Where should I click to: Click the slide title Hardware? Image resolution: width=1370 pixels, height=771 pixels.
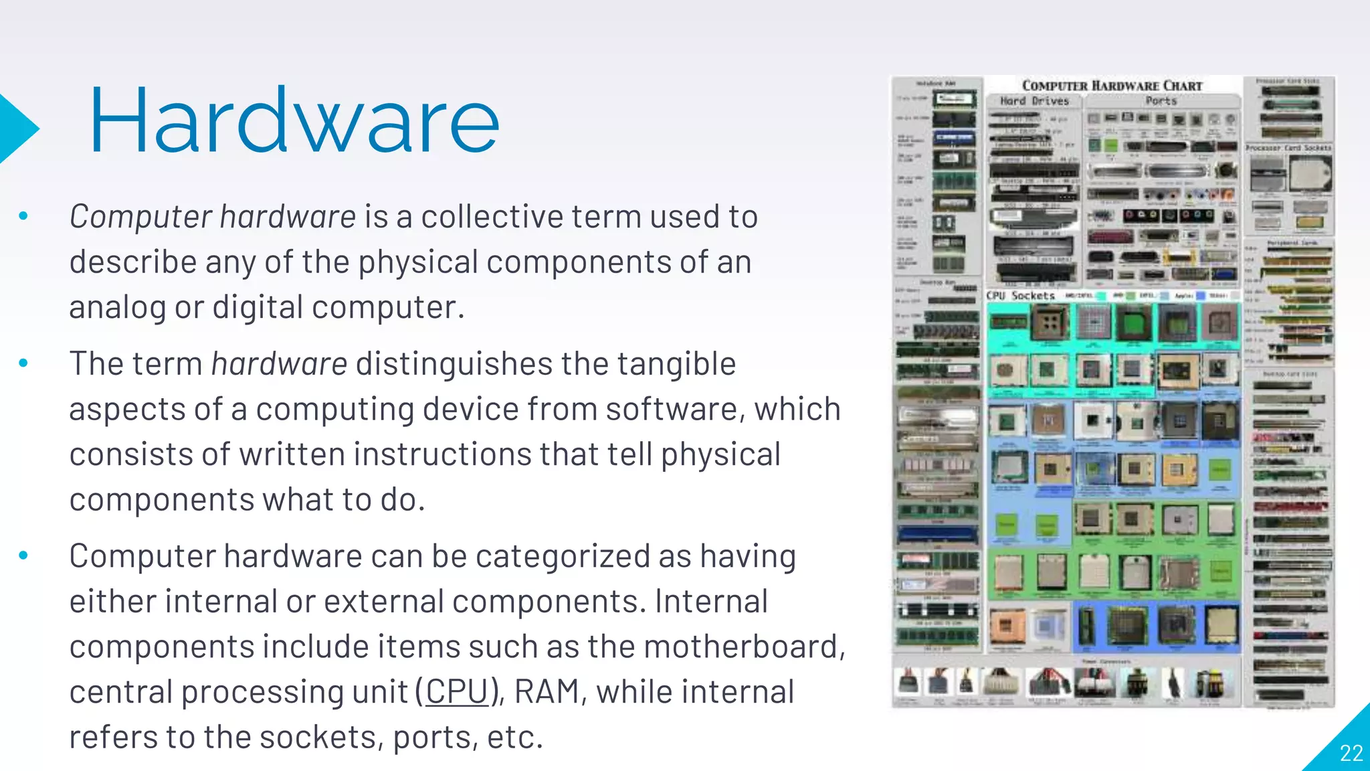point(294,121)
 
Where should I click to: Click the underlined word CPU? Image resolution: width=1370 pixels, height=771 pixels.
point(457,691)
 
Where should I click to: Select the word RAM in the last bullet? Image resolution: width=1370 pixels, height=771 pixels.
point(547,691)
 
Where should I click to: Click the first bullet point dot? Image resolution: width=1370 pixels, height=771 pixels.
point(24,216)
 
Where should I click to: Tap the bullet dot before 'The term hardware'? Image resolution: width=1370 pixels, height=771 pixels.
point(24,363)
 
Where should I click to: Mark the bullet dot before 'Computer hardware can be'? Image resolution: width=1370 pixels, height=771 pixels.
point(24,555)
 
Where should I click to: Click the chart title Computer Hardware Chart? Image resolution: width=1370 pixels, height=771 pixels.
point(1112,86)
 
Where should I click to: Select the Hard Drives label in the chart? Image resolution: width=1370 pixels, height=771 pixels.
point(1034,101)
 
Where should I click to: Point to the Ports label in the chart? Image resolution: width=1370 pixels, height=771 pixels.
point(1161,101)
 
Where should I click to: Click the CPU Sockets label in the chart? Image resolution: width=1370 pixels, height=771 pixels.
point(1020,295)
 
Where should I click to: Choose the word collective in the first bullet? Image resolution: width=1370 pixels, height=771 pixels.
point(492,217)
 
